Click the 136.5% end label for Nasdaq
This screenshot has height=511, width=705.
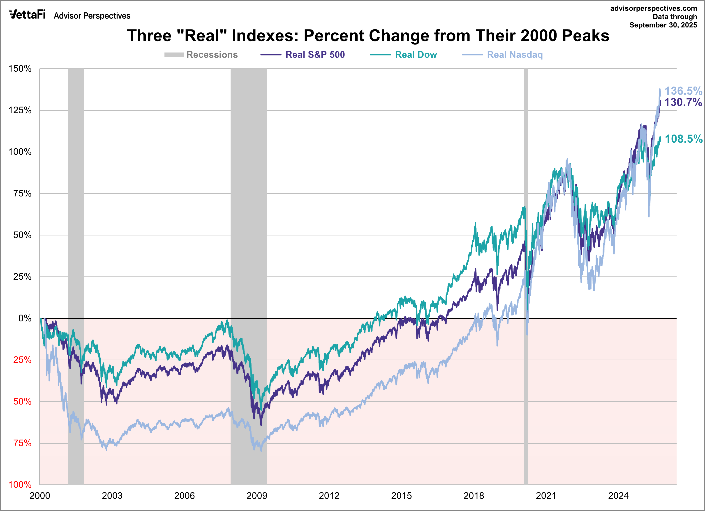click(683, 91)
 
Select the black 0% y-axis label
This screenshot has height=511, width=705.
click(25, 318)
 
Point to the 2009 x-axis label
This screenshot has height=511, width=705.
click(257, 496)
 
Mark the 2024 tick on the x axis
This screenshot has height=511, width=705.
click(618, 496)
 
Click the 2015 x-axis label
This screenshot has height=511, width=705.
click(401, 496)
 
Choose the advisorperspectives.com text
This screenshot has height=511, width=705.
click(654, 8)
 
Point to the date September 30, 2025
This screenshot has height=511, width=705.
click(663, 25)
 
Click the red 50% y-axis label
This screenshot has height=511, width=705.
click(22, 401)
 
